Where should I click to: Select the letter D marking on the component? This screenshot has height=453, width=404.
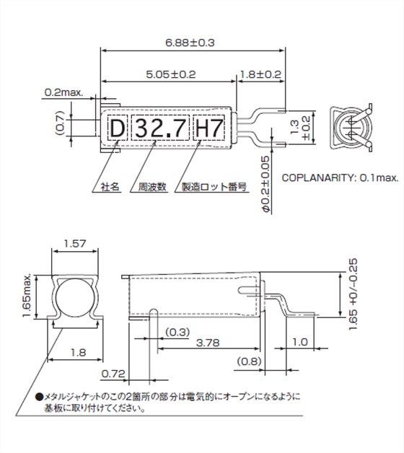[x=116, y=130]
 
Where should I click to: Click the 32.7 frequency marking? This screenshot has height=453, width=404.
[x=162, y=130]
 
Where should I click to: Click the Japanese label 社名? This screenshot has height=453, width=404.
[x=109, y=186]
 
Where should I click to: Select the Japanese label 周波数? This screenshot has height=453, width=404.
[x=152, y=186]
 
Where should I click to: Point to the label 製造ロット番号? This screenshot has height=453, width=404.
[x=214, y=186]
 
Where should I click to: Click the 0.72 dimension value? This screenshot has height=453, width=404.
[x=112, y=374]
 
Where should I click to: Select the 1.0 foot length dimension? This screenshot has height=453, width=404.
[x=301, y=343]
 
